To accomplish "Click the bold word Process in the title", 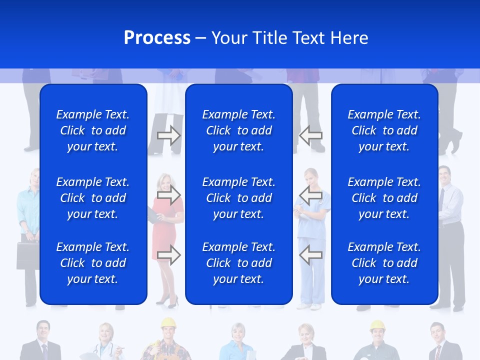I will tap(157, 38).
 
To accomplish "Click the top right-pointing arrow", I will tap(169, 135).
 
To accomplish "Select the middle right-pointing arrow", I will tap(169, 194).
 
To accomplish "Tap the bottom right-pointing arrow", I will tap(169, 255).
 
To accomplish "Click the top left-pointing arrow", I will tap(310, 135).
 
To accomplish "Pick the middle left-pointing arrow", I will tap(310, 194).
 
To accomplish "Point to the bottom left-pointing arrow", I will tap(310, 255).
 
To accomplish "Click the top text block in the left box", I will tap(93, 130).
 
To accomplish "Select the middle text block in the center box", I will tap(238, 198).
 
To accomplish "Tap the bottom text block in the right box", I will tap(384, 263).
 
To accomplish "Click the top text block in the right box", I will tap(384, 130).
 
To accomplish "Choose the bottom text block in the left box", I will tap(93, 263).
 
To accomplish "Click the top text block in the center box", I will tap(238, 130).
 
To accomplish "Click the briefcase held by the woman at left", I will tap(27, 255).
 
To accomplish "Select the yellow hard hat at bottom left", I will tap(167, 323).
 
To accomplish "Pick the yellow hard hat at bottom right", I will tap(377, 326).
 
